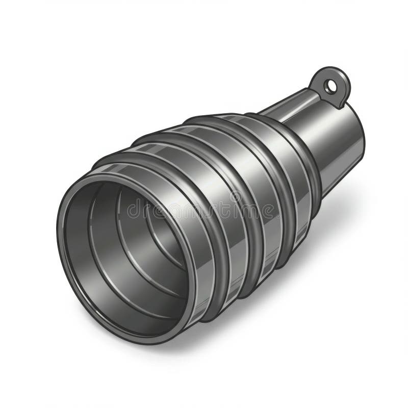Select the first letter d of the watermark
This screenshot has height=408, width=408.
tap(133, 209)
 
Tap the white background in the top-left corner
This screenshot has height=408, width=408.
tap(20, 20)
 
